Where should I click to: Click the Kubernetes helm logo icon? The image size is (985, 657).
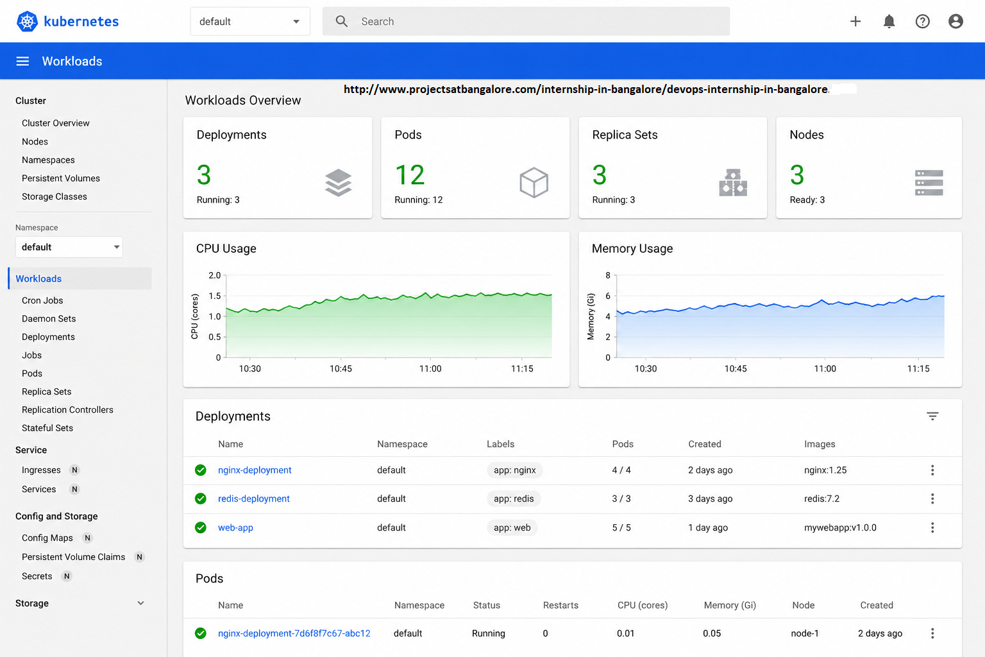pyautogui.click(x=27, y=21)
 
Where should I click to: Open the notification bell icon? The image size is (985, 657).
pyautogui.click(x=889, y=21)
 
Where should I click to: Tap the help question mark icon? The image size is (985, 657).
pyautogui.click(x=922, y=21)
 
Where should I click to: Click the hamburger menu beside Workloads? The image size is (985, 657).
pyautogui.click(x=22, y=61)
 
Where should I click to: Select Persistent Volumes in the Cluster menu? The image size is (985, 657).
pyautogui.click(x=61, y=178)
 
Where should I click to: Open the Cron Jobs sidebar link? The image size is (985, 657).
pyautogui.click(x=42, y=300)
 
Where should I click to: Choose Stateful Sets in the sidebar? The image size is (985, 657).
pyautogui.click(x=47, y=428)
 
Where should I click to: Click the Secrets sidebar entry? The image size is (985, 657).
pyautogui.click(x=37, y=576)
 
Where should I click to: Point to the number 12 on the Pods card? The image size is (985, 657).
pyautogui.click(x=409, y=175)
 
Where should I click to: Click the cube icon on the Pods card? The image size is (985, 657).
pyautogui.click(x=534, y=182)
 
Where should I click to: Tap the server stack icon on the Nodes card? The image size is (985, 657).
pyautogui.click(x=929, y=183)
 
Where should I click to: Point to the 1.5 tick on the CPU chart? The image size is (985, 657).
pyautogui.click(x=215, y=296)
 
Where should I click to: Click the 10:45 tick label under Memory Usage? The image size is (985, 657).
pyautogui.click(x=736, y=368)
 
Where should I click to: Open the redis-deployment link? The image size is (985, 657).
pyautogui.click(x=254, y=499)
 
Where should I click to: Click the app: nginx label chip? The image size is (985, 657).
pyautogui.click(x=514, y=470)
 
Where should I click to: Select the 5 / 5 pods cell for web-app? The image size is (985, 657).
pyautogui.click(x=621, y=527)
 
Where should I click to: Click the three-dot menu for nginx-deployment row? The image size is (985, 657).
pyautogui.click(x=932, y=470)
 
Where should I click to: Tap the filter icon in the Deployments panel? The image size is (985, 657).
pyautogui.click(x=932, y=416)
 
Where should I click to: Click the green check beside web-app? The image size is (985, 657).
pyautogui.click(x=201, y=527)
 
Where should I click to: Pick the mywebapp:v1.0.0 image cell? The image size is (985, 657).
pyautogui.click(x=840, y=527)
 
